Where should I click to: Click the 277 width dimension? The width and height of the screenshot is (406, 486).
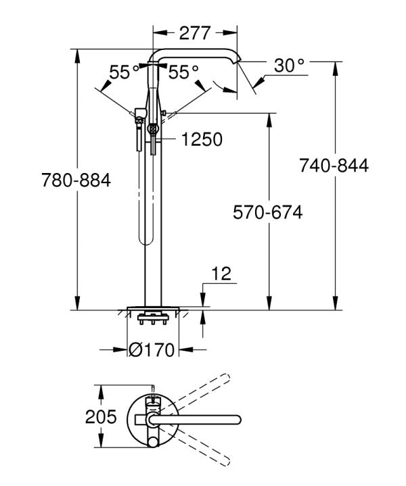[x=195, y=32]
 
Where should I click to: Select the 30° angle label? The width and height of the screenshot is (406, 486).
[x=290, y=66]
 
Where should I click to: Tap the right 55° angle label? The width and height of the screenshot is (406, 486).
[x=183, y=72]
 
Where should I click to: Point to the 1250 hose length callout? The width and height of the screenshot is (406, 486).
[x=202, y=140]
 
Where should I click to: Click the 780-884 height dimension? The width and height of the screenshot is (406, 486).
[x=76, y=181]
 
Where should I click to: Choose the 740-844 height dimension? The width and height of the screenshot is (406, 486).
[x=334, y=166]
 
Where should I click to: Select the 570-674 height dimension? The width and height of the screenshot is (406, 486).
[x=267, y=212]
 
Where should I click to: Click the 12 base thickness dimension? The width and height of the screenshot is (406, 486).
[x=221, y=274]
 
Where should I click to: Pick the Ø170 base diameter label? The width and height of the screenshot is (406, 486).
[x=152, y=349]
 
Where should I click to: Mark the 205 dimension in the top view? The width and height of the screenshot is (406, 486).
[x=101, y=417]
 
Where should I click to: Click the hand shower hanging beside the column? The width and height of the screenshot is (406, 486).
[x=139, y=128]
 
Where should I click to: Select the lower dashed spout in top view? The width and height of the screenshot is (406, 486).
[x=203, y=446]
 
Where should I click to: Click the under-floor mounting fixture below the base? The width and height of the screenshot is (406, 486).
[x=152, y=318]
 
